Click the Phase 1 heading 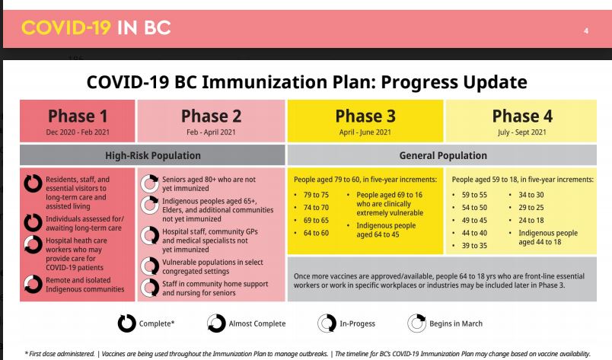[x=78, y=116]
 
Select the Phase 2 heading [x=211, y=116]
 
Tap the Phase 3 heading [x=365, y=116]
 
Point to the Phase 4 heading [x=522, y=116]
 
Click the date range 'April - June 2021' [x=365, y=132]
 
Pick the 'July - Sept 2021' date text [x=522, y=132]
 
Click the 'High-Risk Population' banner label [x=152, y=155]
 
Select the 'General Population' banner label [x=443, y=155]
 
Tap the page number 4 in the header [x=586, y=31]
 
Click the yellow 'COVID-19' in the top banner [x=66, y=28]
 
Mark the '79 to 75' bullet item [x=316, y=195]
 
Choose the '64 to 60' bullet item [x=316, y=233]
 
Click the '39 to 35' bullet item [x=474, y=246]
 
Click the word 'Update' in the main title [x=495, y=83]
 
